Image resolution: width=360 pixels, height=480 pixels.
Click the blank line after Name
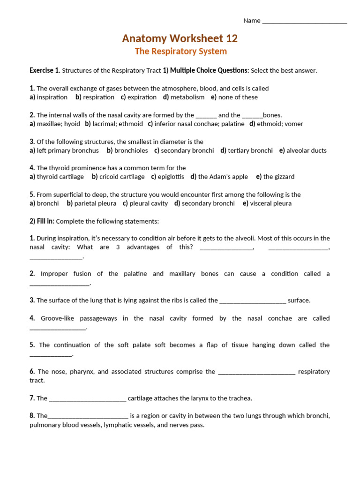click(x=305, y=21)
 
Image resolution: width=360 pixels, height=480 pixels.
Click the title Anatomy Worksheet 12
click(x=180, y=38)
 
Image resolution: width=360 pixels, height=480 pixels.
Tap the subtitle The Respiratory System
click(x=180, y=52)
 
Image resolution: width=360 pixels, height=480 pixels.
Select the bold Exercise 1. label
click(x=45, y=70)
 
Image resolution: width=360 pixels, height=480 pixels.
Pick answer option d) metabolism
click(x=184, y=97)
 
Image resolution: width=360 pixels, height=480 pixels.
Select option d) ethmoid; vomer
click(x=276, y=124)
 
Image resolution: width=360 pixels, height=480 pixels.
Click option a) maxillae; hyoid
click(x=55, y=124)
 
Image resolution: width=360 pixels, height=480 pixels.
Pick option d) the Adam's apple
click(x=219, y=177)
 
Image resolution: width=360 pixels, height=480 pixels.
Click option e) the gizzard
click(x=275, y=177)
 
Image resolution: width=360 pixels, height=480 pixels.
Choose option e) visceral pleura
click(x=267, y=203)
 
